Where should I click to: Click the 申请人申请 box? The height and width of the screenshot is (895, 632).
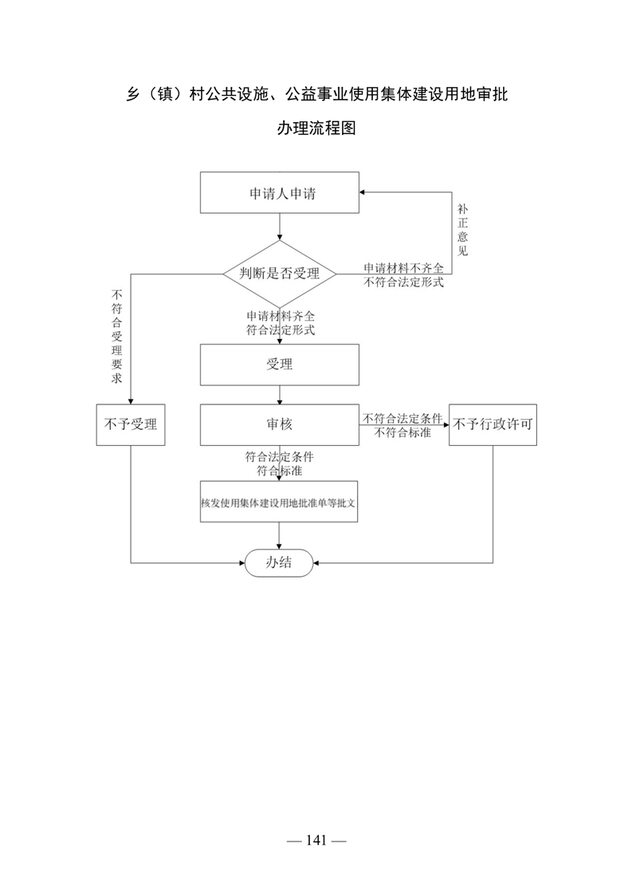click(280, 193)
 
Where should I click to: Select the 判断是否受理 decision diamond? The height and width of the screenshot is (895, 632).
click(280, 274)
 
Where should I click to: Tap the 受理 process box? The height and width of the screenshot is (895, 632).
click(280, 365)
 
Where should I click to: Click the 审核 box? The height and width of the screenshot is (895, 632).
click(280, 424)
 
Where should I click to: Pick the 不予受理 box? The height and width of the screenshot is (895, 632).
click(131, 424)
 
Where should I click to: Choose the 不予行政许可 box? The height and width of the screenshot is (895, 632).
click(493, 424)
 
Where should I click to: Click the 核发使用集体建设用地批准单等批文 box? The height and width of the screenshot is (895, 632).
click(279, 501)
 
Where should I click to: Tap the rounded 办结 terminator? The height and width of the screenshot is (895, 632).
click(279, 563)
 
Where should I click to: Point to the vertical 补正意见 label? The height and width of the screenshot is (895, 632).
click(462, 230)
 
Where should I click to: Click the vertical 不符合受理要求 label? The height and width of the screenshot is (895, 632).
click(117, 336)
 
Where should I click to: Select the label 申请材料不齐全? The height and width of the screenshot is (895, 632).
click(404, 268)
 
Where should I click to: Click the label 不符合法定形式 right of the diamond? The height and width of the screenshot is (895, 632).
click(404, 282)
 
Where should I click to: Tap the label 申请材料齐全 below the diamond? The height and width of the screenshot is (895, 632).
click(281, 316)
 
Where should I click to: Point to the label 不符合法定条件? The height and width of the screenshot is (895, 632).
click(402, 419)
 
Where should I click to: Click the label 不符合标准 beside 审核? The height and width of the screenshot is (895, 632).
click(402, 432)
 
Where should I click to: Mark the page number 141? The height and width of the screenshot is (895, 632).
click(316, 840)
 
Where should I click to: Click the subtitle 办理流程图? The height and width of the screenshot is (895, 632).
click(316, 128)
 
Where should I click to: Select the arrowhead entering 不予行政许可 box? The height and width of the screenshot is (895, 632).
click(446, 424)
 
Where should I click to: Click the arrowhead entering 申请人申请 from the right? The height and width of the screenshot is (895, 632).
click(362, 192)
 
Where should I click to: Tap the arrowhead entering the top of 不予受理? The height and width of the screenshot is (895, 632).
click(131, 401)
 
